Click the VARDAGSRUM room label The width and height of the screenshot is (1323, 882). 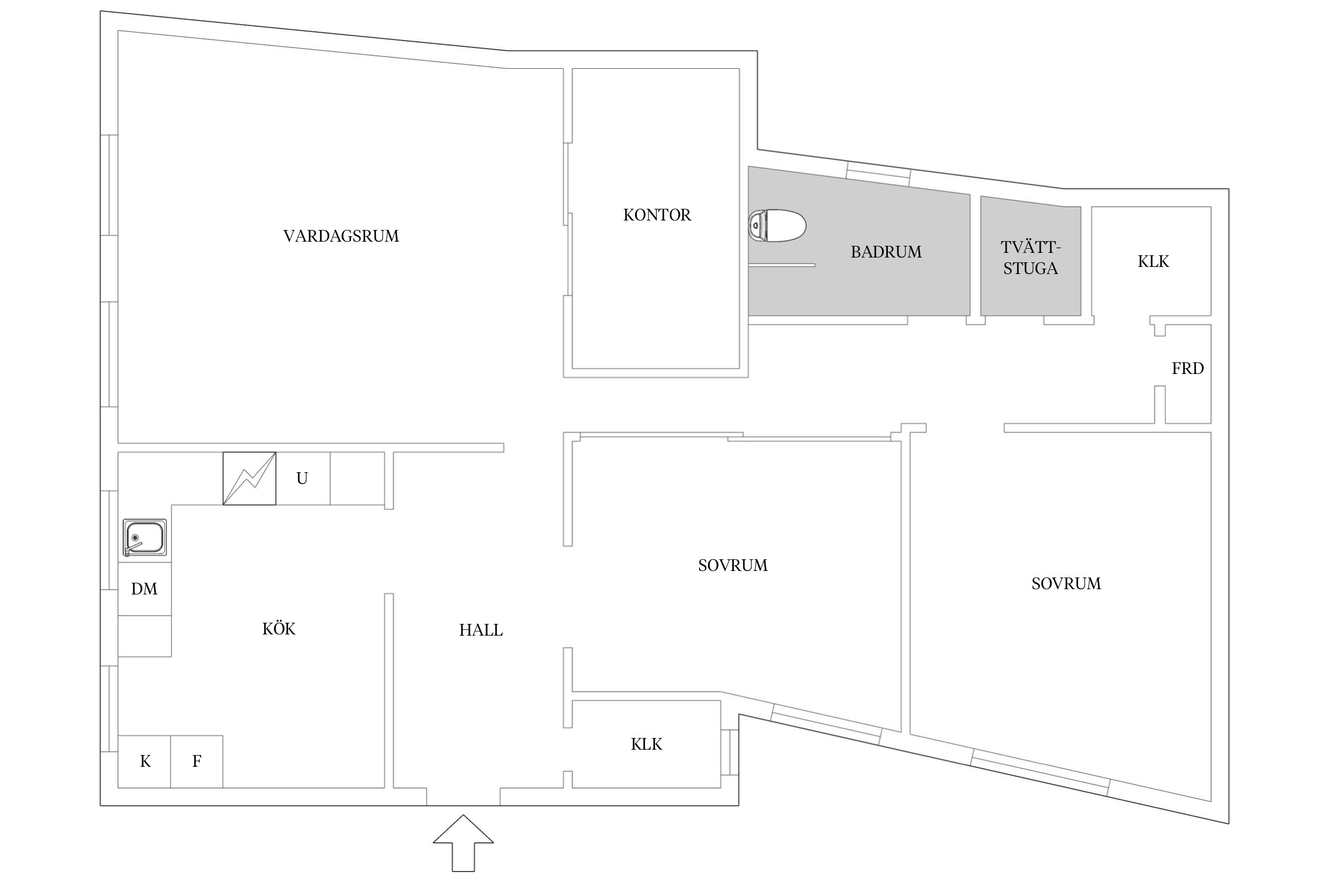pos(341,236)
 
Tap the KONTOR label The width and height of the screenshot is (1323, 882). pos(657,215)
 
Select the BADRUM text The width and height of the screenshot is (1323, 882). pos(886,252)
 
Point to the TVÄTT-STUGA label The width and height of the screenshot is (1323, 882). pos(1030,258)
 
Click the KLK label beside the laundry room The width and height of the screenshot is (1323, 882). pos(1153,262)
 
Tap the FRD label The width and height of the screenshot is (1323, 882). pos(1187,369)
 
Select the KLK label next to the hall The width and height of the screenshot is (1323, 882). pos(646,744)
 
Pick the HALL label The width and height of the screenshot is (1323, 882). pos(480,630)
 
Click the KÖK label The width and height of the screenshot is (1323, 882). pos(279,629)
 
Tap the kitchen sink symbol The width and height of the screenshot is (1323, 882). pos(145,538)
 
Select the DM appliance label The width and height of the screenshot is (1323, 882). pos(144,589)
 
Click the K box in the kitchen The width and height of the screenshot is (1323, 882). pos(145,761)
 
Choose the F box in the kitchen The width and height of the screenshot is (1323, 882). pos(196,761)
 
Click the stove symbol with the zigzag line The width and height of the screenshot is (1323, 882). pos(249,478)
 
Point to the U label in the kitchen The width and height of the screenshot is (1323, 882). pos(302,479)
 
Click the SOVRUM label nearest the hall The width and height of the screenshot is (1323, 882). pos(733,566)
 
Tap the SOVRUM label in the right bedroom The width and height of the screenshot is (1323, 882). pos(1065,584)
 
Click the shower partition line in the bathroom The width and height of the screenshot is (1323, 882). pos(783,265)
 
